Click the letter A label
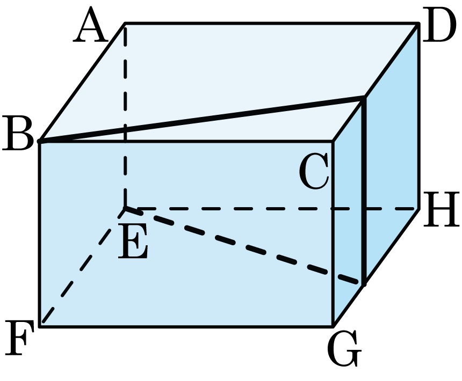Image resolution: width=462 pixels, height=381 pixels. coord(89,25)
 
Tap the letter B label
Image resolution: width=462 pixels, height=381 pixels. coord(18,133)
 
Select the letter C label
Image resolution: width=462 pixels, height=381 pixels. coord(314,171)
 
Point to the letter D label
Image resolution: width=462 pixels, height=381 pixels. coord(437,25)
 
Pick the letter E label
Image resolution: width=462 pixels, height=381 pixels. coord(133,241)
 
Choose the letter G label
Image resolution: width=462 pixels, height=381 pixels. coord(344,348)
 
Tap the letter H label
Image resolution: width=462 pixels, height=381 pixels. coord(441,209)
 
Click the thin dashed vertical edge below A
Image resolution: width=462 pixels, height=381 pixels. coord(125,115)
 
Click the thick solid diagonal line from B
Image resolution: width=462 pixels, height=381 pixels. coord(201,119)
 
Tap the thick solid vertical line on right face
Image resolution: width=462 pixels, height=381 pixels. coord(364,190)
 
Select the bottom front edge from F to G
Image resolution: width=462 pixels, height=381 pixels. coord(186,326)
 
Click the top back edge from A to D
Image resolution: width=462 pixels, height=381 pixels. coord(271,23)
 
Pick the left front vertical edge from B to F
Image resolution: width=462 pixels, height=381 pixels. coord(40,234)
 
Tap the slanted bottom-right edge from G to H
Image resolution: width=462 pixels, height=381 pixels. coord(376,267)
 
